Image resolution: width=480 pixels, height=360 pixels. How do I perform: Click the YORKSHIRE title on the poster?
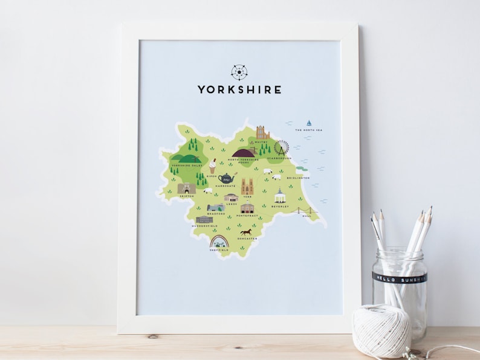(239, 89)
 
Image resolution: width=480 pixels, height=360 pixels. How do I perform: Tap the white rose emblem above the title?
(239, 72)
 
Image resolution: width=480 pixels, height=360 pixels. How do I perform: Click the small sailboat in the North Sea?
(309, 123)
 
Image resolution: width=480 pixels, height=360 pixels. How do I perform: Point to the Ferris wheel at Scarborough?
(281, 148)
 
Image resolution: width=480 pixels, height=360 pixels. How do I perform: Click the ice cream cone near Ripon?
(213, 166)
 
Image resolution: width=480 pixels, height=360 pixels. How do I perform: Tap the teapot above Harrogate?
(227, 178)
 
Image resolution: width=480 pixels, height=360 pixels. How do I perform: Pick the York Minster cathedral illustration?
(247, 186)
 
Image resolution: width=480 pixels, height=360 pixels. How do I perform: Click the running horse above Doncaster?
(245, 232)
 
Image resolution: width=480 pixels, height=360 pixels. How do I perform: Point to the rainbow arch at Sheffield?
(218, 242)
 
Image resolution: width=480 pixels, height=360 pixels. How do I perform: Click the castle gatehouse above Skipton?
(187, 188)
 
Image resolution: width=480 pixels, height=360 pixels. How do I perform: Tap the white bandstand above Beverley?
(279, 196)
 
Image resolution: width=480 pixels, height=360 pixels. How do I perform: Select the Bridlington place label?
(299, 178)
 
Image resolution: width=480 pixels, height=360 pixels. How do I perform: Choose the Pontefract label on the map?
(248, 214)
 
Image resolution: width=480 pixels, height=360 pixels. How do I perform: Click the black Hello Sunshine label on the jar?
(398, 278)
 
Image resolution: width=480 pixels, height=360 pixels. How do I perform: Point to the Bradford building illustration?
(216, 207)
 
